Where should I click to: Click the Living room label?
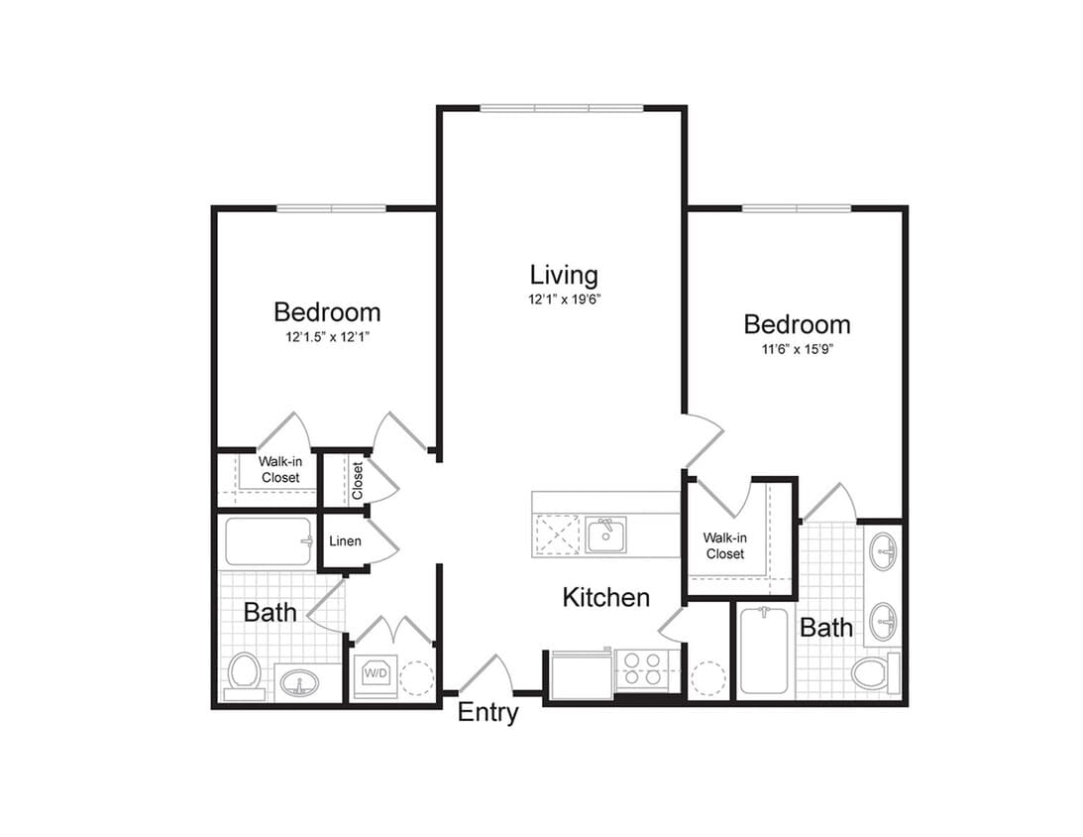coord(563,275)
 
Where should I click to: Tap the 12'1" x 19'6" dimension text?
coord(563,299)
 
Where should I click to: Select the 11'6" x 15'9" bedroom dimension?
coord(797,349)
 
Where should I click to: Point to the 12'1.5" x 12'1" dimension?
coord(327,337)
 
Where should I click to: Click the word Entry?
coord(487,712)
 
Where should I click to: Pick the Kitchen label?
coord(605,597)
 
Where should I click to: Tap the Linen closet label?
coord(345,541)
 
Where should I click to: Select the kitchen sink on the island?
coord(604,536)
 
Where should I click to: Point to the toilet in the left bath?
coord(244,673)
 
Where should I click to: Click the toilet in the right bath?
coord(872,672)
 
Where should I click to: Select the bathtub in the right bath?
coord(764,650)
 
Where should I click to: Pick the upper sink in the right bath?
coord(882,550)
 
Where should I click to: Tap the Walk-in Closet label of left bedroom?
coord(279,469)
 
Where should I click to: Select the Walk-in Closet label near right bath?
coord(724,545)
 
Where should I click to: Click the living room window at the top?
coord(562,107)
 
